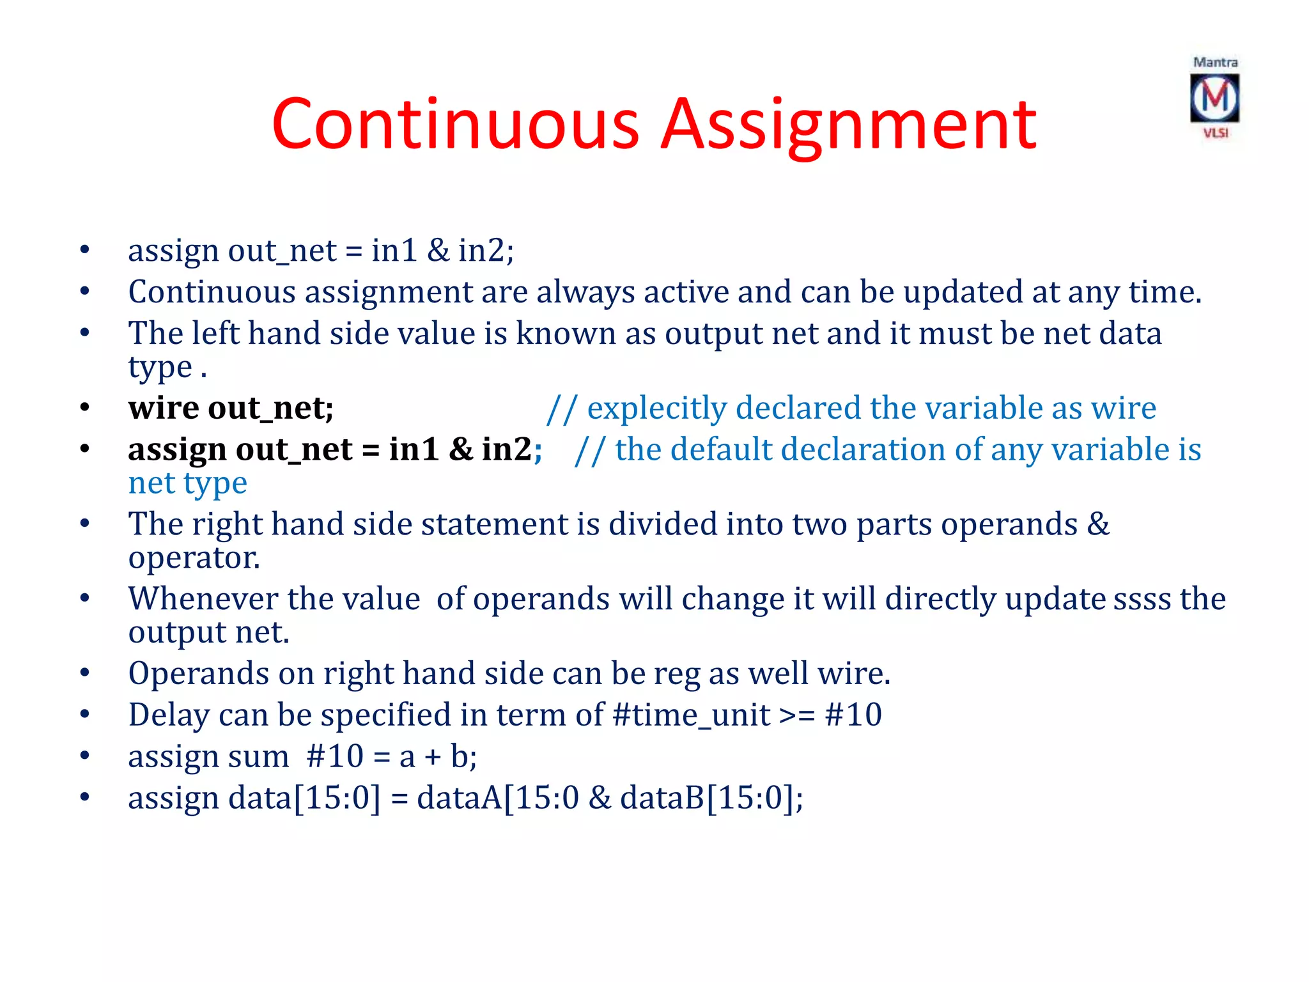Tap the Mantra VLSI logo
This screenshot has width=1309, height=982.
point(1214,98)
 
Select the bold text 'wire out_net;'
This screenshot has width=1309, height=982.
point(231,408)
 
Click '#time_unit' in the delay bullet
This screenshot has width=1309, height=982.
point(691,715)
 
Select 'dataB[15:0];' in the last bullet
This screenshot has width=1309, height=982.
point(711,798)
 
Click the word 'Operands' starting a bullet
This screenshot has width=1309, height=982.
point(199,673)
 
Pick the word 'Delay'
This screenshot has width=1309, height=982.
point(169,715)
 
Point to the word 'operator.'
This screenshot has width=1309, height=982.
point(194,557)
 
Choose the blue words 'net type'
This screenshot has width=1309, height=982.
point(187,483)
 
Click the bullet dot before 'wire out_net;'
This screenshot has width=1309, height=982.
point(85,408)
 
